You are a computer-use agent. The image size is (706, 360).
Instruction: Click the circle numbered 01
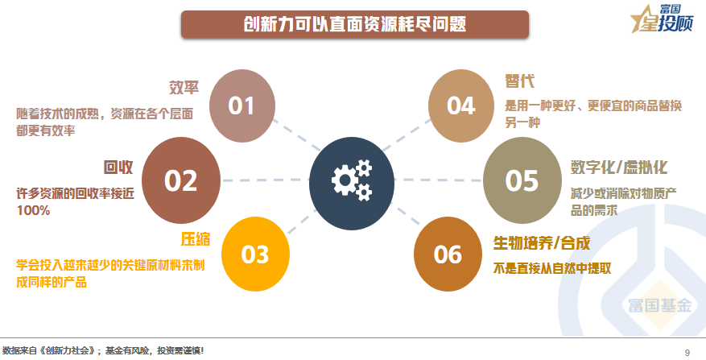[242, 106]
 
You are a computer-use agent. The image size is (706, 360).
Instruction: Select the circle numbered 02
[181, 180]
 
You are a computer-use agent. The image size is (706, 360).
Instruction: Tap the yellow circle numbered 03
[255, 254]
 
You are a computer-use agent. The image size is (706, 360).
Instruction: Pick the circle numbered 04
[461, 106]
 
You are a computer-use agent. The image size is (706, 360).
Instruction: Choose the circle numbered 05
[522, 180]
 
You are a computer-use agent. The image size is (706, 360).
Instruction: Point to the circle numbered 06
[448, 254]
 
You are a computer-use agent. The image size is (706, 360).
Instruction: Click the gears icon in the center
[352, 181]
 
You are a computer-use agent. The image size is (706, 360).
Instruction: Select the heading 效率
[184, 88]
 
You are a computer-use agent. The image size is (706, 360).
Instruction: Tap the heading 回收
[118, 168]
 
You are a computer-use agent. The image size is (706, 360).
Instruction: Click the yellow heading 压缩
[196, 239]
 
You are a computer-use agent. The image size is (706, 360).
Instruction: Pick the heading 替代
[519, 81]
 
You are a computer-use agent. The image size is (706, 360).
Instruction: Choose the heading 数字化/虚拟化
[618, 168]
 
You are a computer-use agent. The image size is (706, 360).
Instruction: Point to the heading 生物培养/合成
[542, 243]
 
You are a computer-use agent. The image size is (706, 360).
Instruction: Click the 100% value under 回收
[33, 210]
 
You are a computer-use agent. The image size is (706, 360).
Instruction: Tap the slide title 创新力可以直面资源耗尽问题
[355, 24]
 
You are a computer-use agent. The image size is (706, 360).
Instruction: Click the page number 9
[687, 352]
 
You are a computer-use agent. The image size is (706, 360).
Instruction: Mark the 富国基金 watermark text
[659, 305]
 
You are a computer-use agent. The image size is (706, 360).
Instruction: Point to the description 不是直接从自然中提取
[552, 268]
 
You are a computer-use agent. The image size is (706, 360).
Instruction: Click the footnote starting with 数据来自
[103, 350]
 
